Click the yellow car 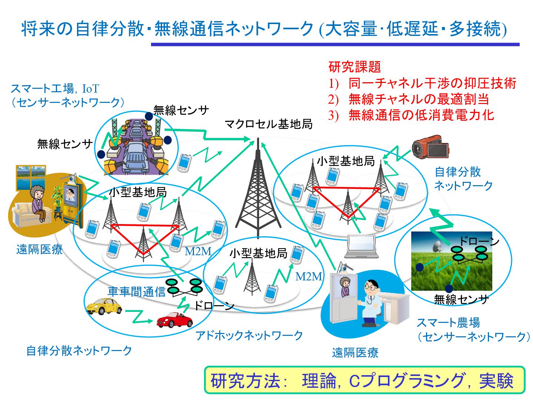[104, 306]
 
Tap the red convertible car [174, 320]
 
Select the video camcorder [430, 147]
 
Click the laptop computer [361, 247]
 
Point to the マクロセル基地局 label [268, 124]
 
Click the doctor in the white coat [370, 303]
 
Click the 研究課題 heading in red [354, 67]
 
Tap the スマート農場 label [448, 323]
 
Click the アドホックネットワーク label [249, 336]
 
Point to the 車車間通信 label [136, 292]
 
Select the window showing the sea [31, 177]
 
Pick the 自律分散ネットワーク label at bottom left [79, 350]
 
